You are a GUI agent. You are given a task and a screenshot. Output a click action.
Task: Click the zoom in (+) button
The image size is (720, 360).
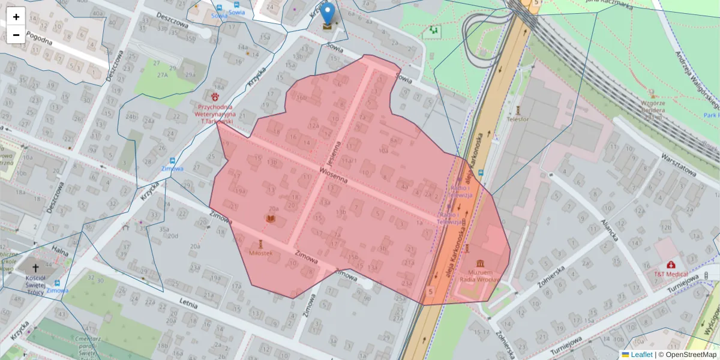tap(16, 17)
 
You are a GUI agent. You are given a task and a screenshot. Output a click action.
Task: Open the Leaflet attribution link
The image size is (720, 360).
tap(641, 355)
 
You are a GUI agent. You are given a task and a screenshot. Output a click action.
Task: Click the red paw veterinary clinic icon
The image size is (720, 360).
tap(214, 96)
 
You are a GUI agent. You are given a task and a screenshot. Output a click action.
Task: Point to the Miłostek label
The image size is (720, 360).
tap(260, 253)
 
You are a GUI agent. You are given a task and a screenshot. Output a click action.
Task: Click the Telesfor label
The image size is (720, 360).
tap(518, 119)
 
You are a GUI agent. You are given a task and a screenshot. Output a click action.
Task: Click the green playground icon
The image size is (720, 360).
tap(433, 29)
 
